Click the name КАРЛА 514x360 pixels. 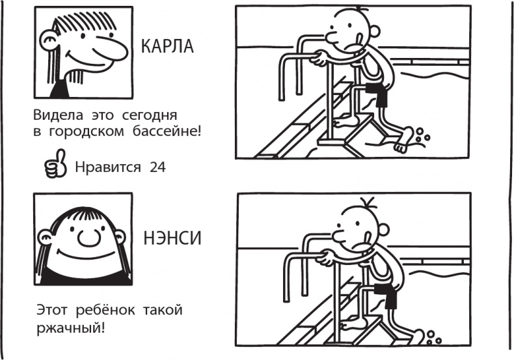[167, 48]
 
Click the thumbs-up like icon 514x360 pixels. [55, 165]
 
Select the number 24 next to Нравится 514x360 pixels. [157, 167]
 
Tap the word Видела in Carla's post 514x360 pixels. [55, 115]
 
